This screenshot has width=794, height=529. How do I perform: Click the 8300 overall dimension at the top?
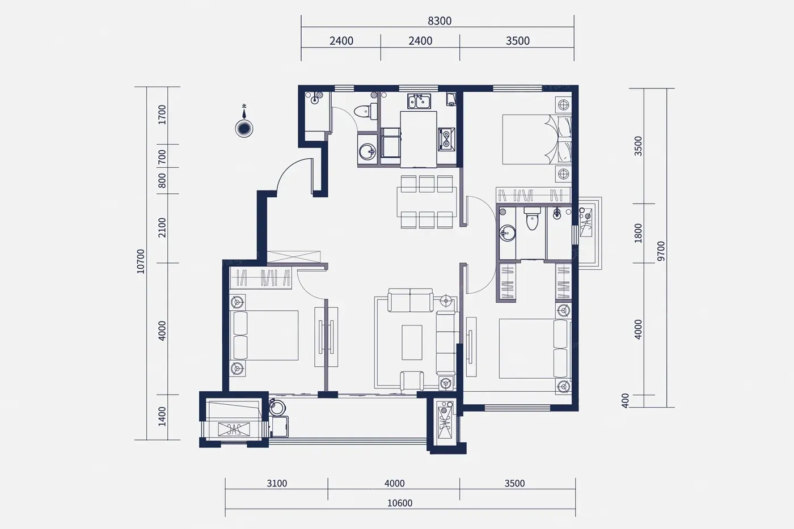click(440, 21)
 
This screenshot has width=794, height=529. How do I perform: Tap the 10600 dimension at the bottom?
click(400, 503)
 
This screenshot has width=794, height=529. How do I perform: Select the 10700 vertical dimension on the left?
click(141, 261)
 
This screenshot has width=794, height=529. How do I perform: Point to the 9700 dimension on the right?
click(661, 251)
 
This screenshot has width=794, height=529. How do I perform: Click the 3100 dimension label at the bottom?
click(277, 483)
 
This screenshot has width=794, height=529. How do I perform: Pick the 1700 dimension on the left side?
click(162, 115)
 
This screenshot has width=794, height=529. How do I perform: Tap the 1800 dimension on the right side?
click(638, 233)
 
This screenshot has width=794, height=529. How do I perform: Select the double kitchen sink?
click(419, 101)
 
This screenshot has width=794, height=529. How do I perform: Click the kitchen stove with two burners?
click(446, 139)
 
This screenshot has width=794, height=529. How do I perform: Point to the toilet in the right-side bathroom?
click(532, 219)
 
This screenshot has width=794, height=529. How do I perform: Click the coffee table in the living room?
click(412, 342)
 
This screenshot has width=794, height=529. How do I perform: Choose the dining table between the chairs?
click(426, 202)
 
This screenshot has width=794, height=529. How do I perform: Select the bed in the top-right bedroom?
click(537, 139)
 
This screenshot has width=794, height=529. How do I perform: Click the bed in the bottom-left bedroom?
click(264, 336)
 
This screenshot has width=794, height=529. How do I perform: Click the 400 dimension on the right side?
click(625, 400)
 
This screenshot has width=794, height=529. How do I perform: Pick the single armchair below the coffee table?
click(412, 381)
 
